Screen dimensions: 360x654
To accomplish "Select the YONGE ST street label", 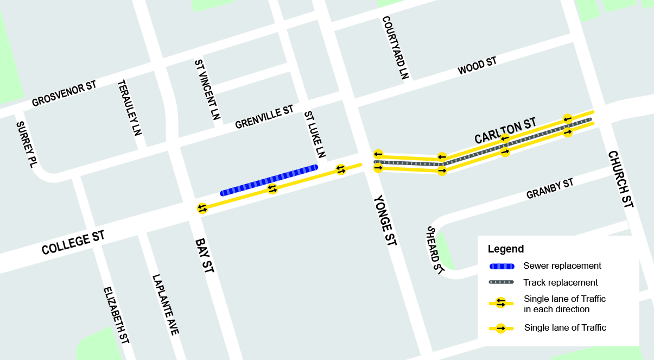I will coord(384,220).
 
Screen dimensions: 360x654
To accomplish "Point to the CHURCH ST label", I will coord(621,179).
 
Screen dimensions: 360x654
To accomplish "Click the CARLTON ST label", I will coord(505,131).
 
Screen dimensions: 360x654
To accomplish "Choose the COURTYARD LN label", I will coord(395,48).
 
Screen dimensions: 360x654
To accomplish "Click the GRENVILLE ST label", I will coord(264,117).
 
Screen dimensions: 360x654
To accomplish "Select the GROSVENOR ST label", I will coord(64,94).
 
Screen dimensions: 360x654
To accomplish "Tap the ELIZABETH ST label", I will coord(117,315).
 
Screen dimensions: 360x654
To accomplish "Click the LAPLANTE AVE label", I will coord(166,304).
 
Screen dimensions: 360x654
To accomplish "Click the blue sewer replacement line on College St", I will coord(269,180).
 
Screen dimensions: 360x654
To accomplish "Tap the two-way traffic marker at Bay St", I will coord(202,208).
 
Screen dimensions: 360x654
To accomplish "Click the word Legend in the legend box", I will coord(506,249).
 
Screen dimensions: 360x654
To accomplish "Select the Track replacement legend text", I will coord(561,282).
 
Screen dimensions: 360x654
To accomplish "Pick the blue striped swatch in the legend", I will coord(501,266).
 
